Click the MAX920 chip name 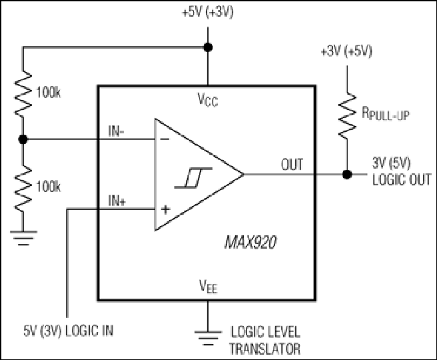pos(250,242)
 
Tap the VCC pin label pos(208,99)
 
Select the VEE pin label pos(208,286)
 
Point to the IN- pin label pos(116,131)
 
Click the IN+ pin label pos(117,201)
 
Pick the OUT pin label pos(292,165)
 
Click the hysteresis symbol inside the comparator pos(193,177)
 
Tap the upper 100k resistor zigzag pos(23,93)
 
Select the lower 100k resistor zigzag pos(23,187)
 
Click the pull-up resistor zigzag pos(347,116)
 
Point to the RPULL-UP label pos(386,113)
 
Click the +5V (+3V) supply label pos(208,13)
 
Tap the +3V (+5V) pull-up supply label pos(346,51)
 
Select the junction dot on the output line pos(347,175)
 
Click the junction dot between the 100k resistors pos(23,139)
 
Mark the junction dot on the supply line pos(208,47)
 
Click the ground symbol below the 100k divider pos(23,238)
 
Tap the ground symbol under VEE pos(208,338)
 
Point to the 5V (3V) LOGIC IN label pos(69,331)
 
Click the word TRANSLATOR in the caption pos(264,349)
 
